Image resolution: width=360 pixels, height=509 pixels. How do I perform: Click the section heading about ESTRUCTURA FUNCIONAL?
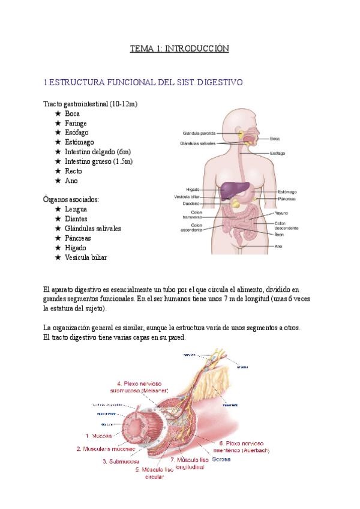143,82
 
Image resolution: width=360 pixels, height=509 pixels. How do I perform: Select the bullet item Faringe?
76,122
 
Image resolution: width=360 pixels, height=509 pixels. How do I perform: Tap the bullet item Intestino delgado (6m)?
98,152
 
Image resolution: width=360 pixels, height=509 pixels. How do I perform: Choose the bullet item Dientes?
76,219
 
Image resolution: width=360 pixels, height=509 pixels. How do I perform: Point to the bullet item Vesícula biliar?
86,258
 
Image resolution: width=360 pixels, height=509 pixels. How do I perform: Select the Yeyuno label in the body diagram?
282,213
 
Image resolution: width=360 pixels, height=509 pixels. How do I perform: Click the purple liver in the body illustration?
232,191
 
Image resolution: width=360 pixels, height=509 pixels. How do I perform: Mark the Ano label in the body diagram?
278,246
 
